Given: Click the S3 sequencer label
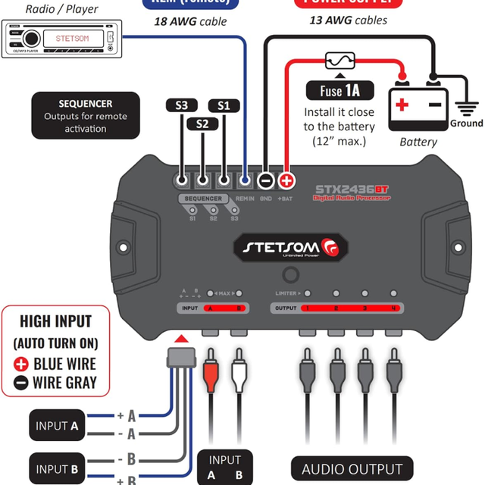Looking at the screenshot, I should [182, 105].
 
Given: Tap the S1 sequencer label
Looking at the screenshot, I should [223, 105].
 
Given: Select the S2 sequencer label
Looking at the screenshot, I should [202, 123].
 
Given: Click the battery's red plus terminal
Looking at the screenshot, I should [402, 104].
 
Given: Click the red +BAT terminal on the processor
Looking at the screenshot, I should [286, 181].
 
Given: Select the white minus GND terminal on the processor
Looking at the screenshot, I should [265, 181].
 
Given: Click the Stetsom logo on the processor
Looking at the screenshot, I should [291, 247].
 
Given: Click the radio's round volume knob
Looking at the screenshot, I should [31, 38].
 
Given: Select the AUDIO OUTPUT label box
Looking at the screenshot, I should [352, 469].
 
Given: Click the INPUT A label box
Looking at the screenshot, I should [58, 426].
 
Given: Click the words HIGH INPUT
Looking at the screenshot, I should [55, 321].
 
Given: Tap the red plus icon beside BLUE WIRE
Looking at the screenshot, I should [21, 364].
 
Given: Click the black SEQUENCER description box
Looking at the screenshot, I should [86, 115].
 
